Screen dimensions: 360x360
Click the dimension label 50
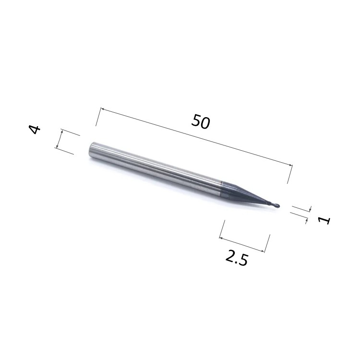coord(201,121)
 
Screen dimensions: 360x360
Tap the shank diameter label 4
coord(35,129)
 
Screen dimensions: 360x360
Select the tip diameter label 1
coord(324,220)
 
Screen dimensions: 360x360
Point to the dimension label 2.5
coord(237,258)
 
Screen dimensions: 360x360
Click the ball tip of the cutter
coord(277,205)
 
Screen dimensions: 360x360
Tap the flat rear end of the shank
coord(91,150)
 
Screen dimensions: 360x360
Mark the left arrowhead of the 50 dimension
coord(103,109)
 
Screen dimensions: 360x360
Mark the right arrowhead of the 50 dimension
coord(291,165)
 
